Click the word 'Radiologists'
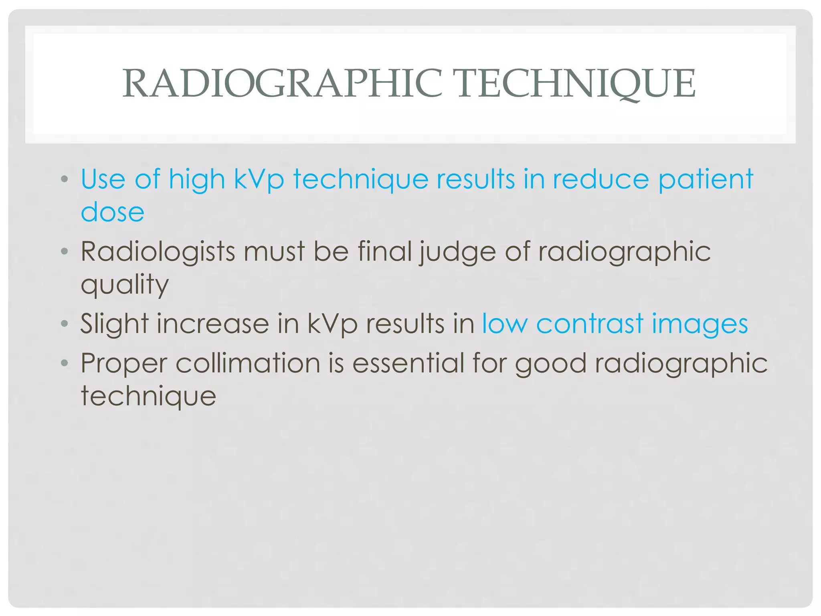point(158,252)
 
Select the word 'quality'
point(125,285)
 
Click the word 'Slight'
point(114,324)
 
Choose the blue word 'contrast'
point(589,324)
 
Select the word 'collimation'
point(248,363)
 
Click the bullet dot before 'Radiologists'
point(65,252)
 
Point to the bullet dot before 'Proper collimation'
point(65,363)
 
